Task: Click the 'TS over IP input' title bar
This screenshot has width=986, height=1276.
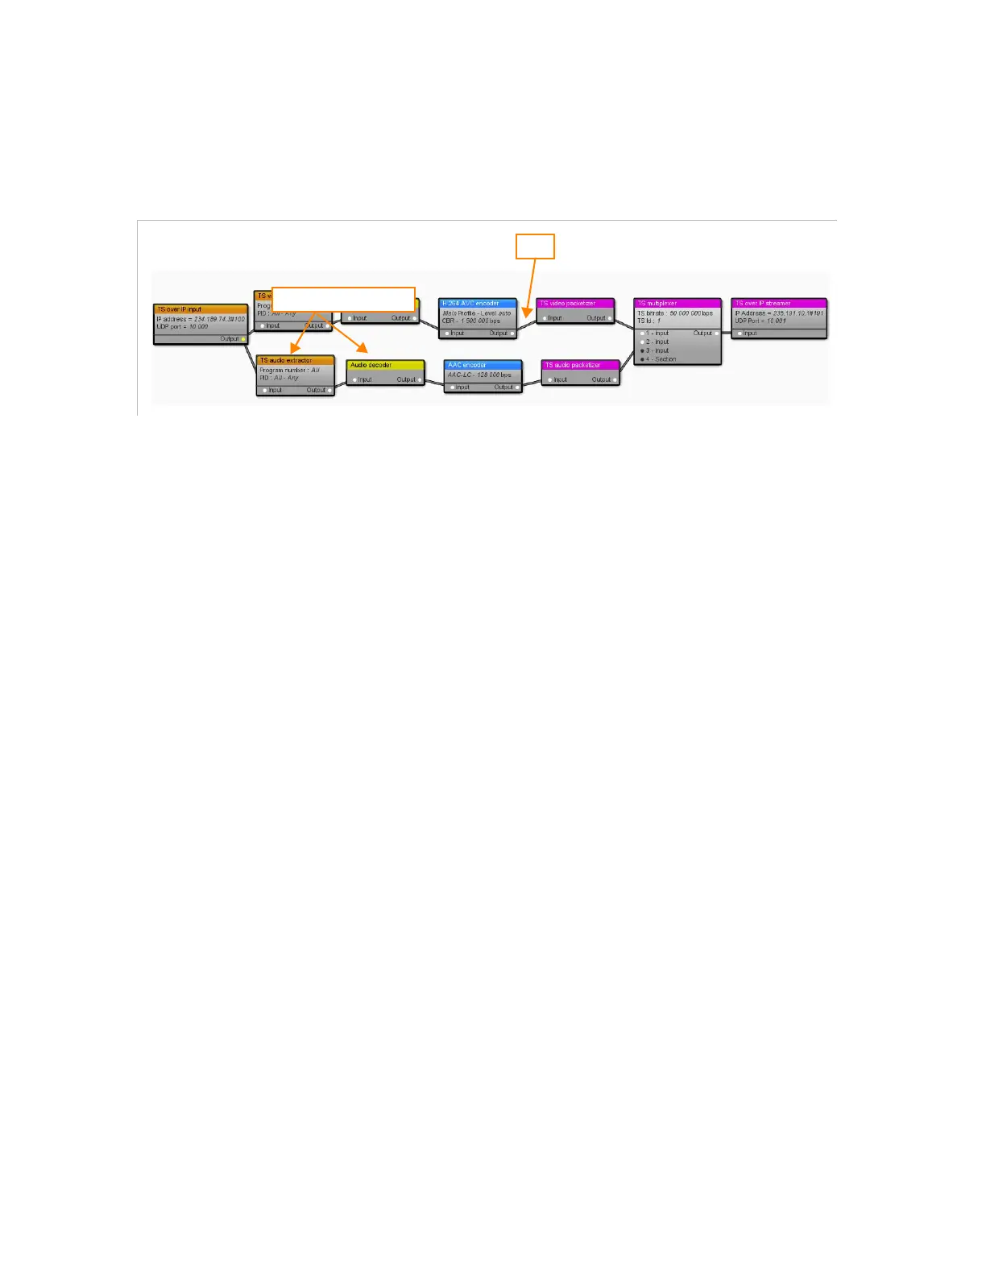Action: [x=200, y=309]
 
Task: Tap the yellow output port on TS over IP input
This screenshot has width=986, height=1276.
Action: [x=243, y=339]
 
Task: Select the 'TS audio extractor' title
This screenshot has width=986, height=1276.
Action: [x=295, y=360]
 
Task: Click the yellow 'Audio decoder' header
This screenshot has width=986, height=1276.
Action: [x=385, y=365]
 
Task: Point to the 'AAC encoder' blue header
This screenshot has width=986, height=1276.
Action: [x=483, y=365]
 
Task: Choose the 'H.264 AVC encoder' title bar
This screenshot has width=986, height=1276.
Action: [x=477, y=304]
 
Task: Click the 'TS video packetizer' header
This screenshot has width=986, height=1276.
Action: [x=575, y=304]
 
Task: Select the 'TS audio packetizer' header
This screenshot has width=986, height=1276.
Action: [x=580, y=365]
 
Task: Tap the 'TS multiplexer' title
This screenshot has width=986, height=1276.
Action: [x=677, y=304]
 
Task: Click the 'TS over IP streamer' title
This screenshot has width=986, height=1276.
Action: [x=778, y=304]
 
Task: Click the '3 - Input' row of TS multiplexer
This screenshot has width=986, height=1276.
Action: [x=657, y=350]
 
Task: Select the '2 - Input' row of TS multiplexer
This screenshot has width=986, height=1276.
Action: [x=657, y=342]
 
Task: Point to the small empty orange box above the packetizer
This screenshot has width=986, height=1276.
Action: [x=535, y=246]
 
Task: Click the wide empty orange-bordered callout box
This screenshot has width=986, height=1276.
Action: [x=343, y=299]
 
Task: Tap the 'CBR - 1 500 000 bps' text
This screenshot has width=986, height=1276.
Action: [x=471, y=321]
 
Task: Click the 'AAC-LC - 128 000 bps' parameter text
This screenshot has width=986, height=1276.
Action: [x=480, y=375]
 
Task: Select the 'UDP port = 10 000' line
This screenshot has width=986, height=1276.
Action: [x=183, y=327]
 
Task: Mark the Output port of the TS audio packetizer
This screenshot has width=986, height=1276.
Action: [x=615, y=379]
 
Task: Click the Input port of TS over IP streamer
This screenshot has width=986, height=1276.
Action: [x=739, y=333]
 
